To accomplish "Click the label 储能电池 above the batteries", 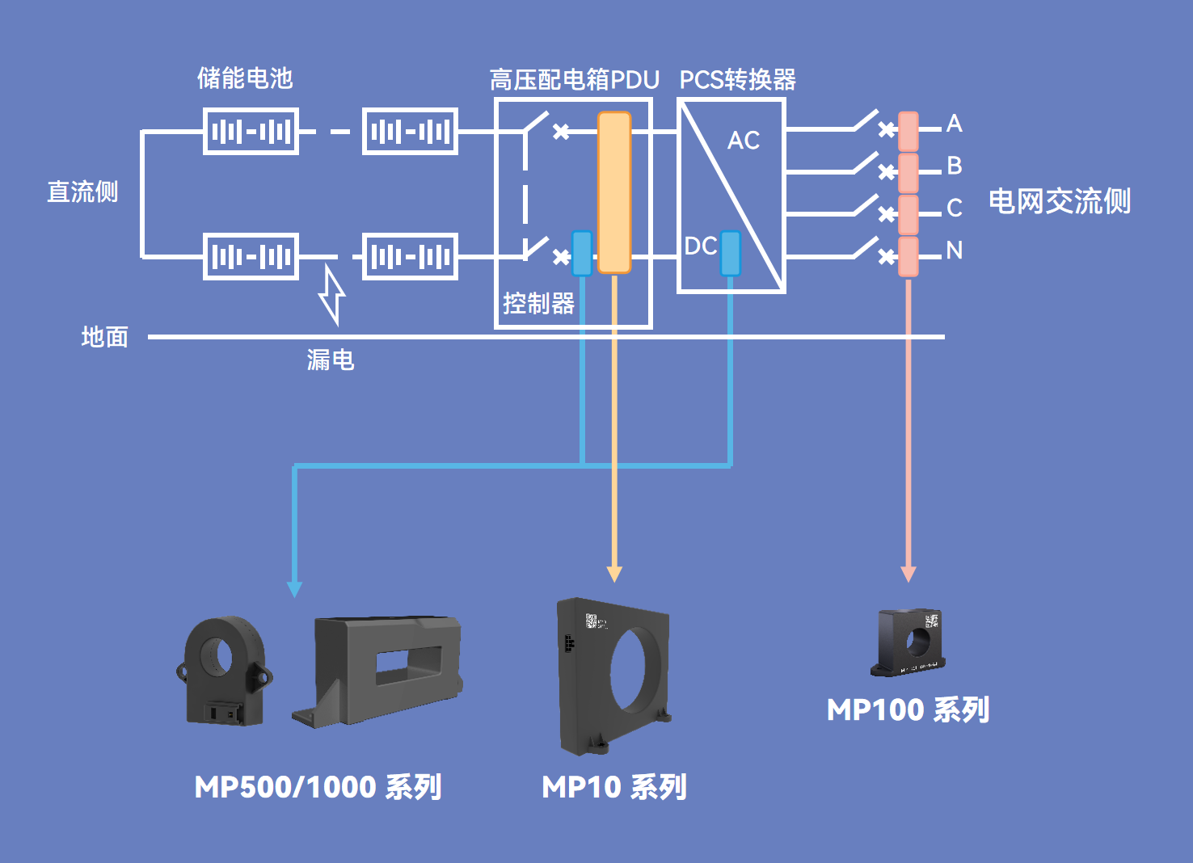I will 245,78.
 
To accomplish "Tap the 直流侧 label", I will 82,192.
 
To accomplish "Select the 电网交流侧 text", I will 1059,201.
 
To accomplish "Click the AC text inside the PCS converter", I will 744,141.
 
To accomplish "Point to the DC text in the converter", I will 700,246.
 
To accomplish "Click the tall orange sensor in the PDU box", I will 614,192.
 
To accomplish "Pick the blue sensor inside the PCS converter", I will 731,253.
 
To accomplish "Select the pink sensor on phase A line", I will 908,131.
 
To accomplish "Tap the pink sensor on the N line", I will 908,256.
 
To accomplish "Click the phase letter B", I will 955,166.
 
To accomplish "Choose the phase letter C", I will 955,208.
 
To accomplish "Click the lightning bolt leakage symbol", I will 331,295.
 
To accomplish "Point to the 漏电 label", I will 331,360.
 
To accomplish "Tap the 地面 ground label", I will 105,337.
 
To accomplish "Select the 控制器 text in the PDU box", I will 538,304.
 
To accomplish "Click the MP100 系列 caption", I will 908,710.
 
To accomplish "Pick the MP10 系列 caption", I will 614,787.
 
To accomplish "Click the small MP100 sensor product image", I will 909,642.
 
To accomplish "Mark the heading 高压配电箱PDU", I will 575,80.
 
